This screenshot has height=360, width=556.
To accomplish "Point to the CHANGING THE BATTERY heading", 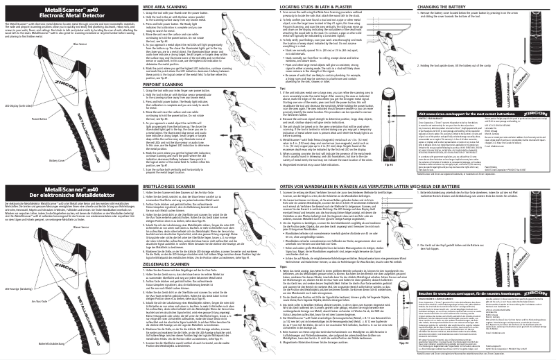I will pos(441,5).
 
